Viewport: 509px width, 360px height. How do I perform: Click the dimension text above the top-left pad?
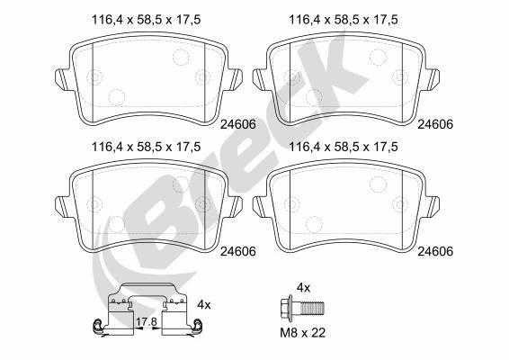(x=146, y=20)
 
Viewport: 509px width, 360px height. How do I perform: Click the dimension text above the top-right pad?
(x=344, y=20)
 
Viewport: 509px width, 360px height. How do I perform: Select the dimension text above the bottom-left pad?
(x=146, y=147)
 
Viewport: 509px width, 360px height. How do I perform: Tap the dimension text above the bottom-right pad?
(x=344, y=147)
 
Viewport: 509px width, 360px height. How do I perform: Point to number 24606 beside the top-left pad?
(x=238, y=124)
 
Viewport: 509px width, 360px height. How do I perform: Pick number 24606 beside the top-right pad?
(x=435, y=124)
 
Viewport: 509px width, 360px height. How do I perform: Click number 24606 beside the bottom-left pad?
(x=238, y=251)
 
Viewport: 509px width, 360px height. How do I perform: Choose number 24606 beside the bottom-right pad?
(x=435, y=251)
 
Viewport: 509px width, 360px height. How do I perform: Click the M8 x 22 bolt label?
(x=302, y=333)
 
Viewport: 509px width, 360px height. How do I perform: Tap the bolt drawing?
(x=301, y=308)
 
